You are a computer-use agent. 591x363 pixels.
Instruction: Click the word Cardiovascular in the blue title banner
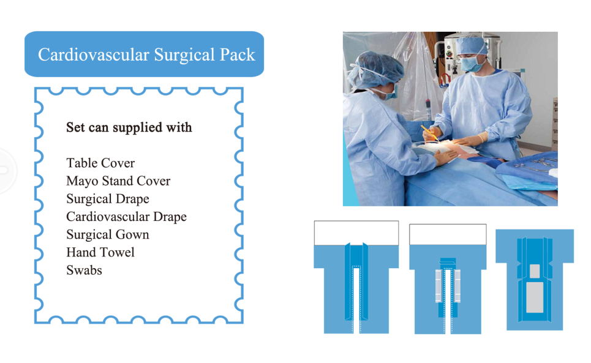pyautogui.click(x=94, y=54)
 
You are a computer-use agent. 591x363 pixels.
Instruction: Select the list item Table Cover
pyautogui.click(x=100, y=163)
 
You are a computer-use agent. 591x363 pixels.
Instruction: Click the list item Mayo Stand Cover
pyautogui.click(x=118, y=181)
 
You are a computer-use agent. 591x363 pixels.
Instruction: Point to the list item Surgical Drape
pyautogui.click(x=108, y=199)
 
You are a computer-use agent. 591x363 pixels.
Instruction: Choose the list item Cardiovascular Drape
pyautogui.click(x=126, y=217)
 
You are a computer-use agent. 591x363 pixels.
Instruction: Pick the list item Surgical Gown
pyautogui.click(x=108, y=234)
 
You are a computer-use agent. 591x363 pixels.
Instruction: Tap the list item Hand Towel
pyautogui.click(x=100, y=252)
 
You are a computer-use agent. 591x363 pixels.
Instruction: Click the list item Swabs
pyautogui.click(x=84, y=271)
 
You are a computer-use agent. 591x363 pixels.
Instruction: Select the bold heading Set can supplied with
pyautogui.click(x=129, y=127)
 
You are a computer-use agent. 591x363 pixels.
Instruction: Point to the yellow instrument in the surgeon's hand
pyautogui.click(x=429, y=133)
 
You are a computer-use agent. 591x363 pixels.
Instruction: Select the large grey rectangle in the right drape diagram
pyautogui.click(x=535, y=297)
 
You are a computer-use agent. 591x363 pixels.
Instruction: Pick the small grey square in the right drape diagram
pyautogui.click(x=535, y=271)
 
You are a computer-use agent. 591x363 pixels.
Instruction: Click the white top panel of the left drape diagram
pyautogui.click(x=356, y=233)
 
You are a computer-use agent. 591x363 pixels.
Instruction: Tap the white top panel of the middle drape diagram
pyautogui.click(x=448, y=234)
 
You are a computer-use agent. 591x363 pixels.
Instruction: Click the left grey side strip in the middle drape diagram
pyautogui.click(x=439, y=286)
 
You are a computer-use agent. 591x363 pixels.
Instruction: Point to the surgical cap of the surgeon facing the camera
pyautogui.click(x=472, y=45)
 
